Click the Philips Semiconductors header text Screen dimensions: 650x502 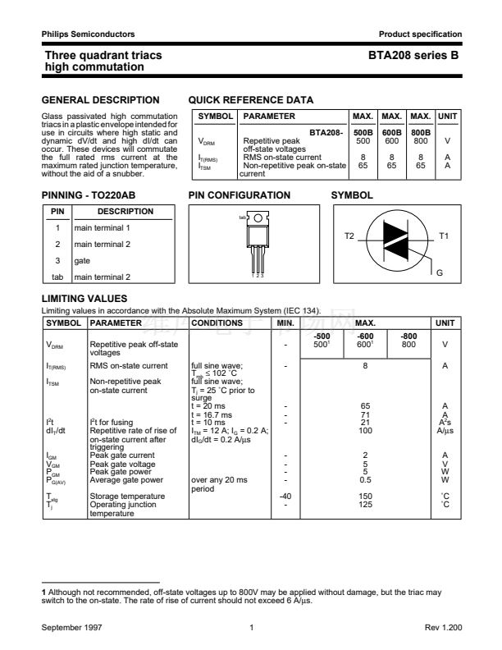click(89, 34)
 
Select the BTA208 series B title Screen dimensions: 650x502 click(414, 55)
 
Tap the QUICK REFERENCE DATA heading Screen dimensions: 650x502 click(251, 100)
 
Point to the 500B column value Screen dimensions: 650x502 click(363, 132)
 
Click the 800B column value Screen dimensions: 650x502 click(421, 132)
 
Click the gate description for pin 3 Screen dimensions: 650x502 click(83, 260)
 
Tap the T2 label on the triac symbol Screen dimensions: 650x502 click(349, 236)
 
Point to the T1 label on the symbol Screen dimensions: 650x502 click(444, 236)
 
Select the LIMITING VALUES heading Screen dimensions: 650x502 click(84, 299)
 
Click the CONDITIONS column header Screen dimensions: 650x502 click(217, 323)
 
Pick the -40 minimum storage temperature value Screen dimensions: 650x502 click(285, 496)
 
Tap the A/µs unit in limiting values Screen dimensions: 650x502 click(445, 430)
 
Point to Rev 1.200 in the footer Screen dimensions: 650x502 click(443, 627)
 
